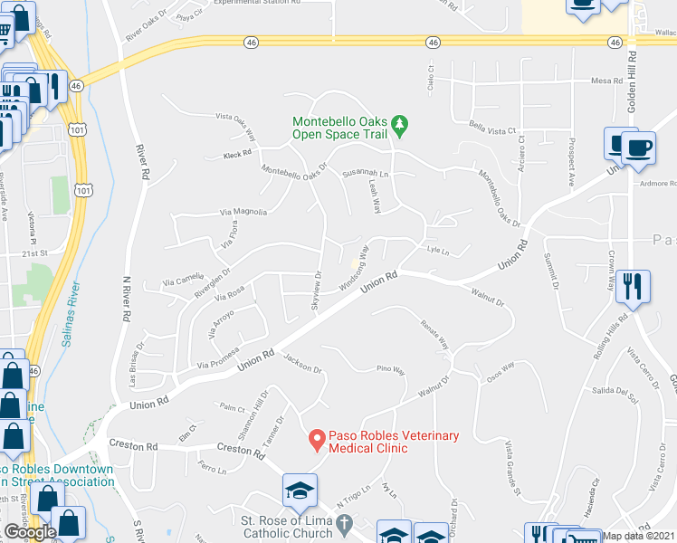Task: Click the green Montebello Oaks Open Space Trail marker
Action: pyautogui.click(x=405, y=121)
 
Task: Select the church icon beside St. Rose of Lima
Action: pyautogui.click(x=343, y=524)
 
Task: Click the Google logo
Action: pyautogui.click(x=31, y=532)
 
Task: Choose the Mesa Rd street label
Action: pyautogui.click(x=606, y=81)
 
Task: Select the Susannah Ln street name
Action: pyautogui.click(x=365, y=173)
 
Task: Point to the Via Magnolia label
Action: pyautogui.click(x=243, y=212)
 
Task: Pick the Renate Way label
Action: pyautogui.click(x=434, y=334)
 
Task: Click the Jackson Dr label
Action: pyautogui.click(x=302, y=364)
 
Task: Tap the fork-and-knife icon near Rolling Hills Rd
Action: pyautogui.click(x=633, y=286)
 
